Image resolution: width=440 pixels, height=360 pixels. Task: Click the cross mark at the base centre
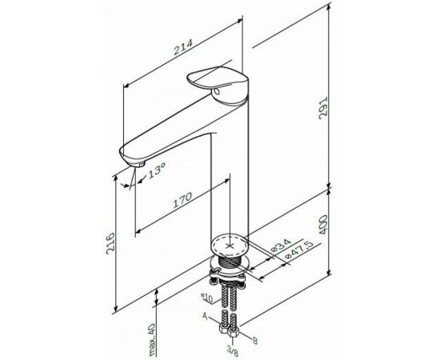(233, 243)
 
